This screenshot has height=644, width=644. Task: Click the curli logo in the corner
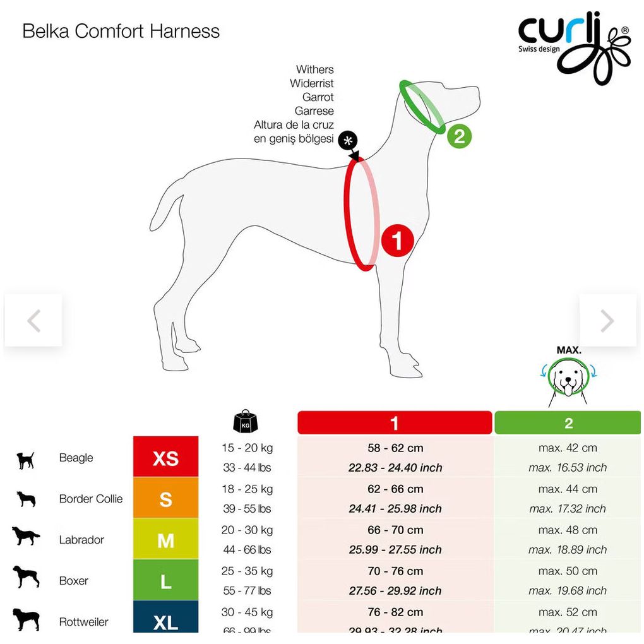[x=573, y=48]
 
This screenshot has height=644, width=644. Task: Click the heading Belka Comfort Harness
[x=121, y=32]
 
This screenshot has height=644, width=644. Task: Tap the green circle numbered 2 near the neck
[x=459, y=137]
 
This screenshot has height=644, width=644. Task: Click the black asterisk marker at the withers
[x=347, y=140]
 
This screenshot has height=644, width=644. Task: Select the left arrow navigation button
[x=33, y=321]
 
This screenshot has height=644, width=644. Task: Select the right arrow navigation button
[x=607, y=321]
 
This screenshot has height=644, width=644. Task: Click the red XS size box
[x=165, y=458]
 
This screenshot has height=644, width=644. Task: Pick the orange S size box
[x=165, y=499]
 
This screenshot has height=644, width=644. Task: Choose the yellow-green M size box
[x=165, y=540]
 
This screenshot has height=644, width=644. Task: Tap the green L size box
[x=165, y=581]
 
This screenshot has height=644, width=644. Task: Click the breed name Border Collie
[x=91, y=499]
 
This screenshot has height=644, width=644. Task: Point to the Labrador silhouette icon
[x=26, y=537]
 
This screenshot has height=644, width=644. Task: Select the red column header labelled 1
[x=395, y=423]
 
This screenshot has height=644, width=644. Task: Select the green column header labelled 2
[x=568, y=423]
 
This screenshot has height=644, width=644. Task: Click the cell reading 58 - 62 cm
[x=395, y=448]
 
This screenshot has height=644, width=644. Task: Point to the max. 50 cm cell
[x=568, y=571]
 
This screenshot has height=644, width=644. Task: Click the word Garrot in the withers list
[x=318, y=97]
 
